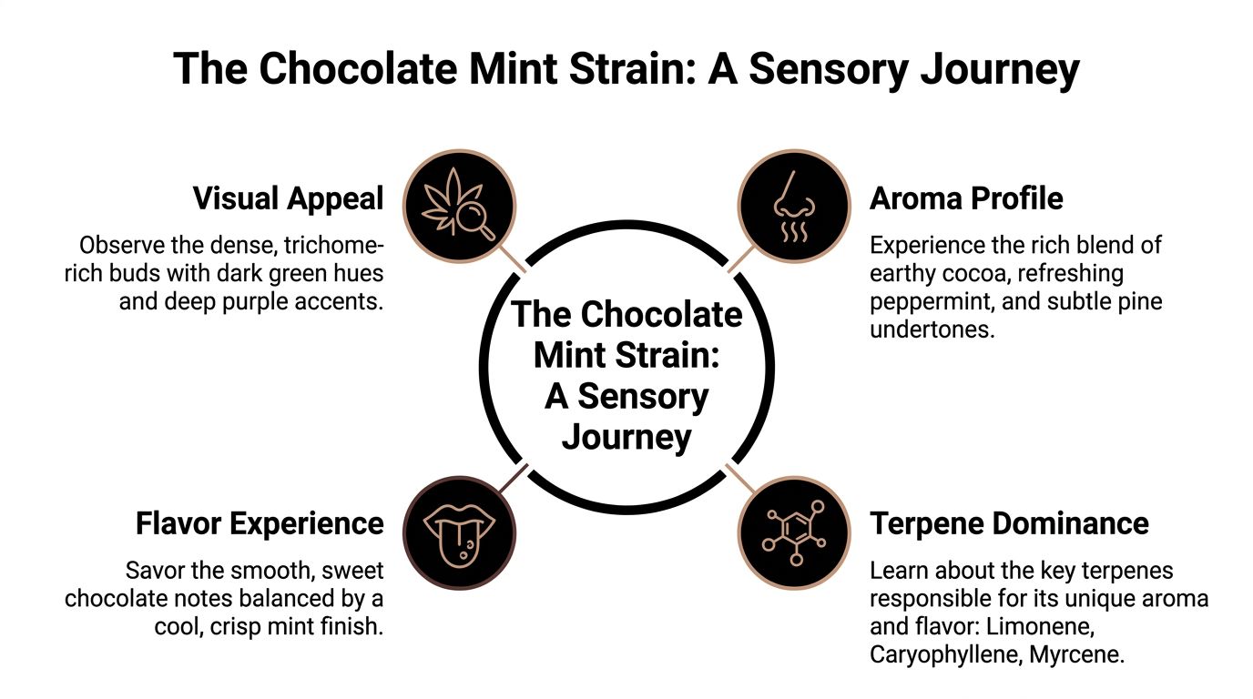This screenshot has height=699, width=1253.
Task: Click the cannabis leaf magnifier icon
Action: tap(459, 206)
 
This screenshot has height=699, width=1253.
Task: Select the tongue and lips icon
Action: tap(459, 532)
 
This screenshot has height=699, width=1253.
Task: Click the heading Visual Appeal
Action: tap(288, 198)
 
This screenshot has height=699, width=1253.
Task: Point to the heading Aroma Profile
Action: tap(966, 198)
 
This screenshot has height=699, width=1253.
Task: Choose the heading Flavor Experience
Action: tap(260, 524)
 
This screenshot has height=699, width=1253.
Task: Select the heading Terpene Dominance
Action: tap(1009, 524)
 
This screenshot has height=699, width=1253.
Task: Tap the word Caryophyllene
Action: tap(945, 654)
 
